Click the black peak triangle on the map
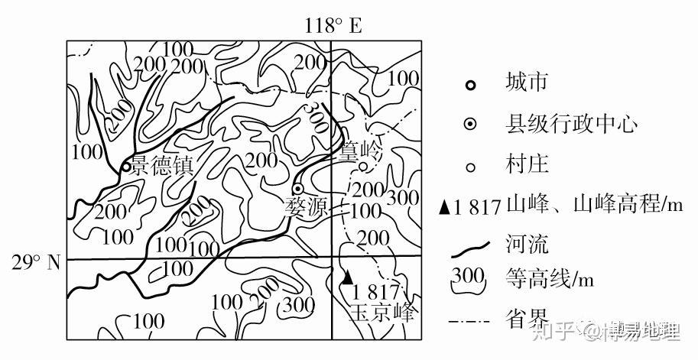click(349, 276)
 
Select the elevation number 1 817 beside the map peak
click(376, 291)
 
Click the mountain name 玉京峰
click(383, 313)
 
